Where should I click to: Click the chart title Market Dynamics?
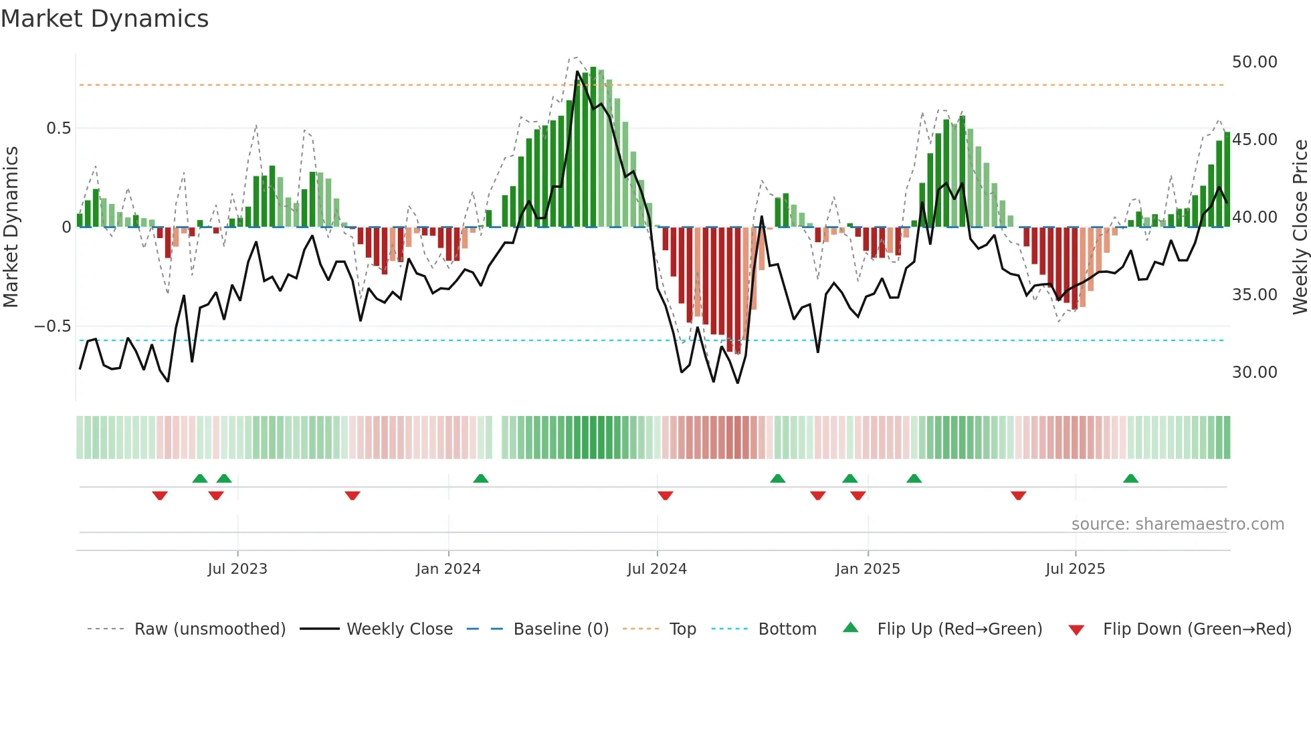click(105, 19)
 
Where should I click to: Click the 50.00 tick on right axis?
click(1254, 62)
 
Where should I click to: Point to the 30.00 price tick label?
click(1254, 373)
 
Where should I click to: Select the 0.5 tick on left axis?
click(58, 128)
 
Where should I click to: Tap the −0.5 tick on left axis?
click(52, 326)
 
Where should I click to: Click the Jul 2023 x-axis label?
click(237, 569)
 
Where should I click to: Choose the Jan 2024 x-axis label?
click(448, 569)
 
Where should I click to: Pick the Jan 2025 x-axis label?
click(868, 569)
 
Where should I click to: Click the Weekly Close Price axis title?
click(1300, 227)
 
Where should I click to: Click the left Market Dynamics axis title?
click(11, 227)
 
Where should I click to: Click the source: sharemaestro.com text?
click(1177, 524)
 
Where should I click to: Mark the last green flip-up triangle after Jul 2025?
click(1130, 479)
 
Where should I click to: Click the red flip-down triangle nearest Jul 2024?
click(665, 496)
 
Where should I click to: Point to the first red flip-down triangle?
click(160, 496)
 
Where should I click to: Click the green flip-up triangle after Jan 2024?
click(480, 479)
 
